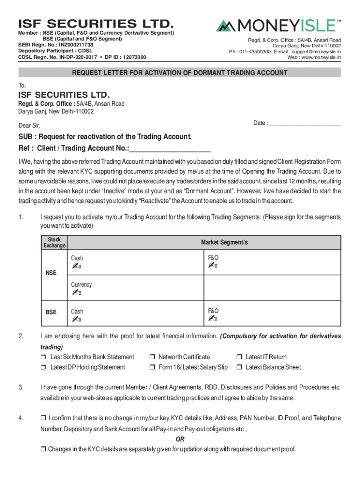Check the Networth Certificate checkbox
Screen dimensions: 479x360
[152, 357]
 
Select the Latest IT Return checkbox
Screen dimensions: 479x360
[239, 357]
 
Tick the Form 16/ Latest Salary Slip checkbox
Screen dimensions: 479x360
[152, 368]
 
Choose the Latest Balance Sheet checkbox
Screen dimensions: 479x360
[239, 368]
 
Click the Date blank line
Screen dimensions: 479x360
[304, 123]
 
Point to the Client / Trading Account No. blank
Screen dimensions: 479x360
[170, 149]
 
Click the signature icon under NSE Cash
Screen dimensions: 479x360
[76, 266]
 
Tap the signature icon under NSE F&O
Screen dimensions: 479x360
[213, 266]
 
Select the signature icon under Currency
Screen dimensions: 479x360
[76, 293]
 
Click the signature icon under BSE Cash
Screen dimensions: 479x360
[76, 319]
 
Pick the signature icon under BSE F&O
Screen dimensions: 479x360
[213, 319]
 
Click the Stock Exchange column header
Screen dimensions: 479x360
[54, 242]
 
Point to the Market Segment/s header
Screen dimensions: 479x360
[224, 242]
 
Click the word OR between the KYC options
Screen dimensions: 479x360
[180, 440]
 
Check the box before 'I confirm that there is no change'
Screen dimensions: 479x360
[43, 418]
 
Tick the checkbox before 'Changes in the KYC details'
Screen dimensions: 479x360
[43, 450]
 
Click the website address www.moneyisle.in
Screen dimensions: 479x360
[320, 57]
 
